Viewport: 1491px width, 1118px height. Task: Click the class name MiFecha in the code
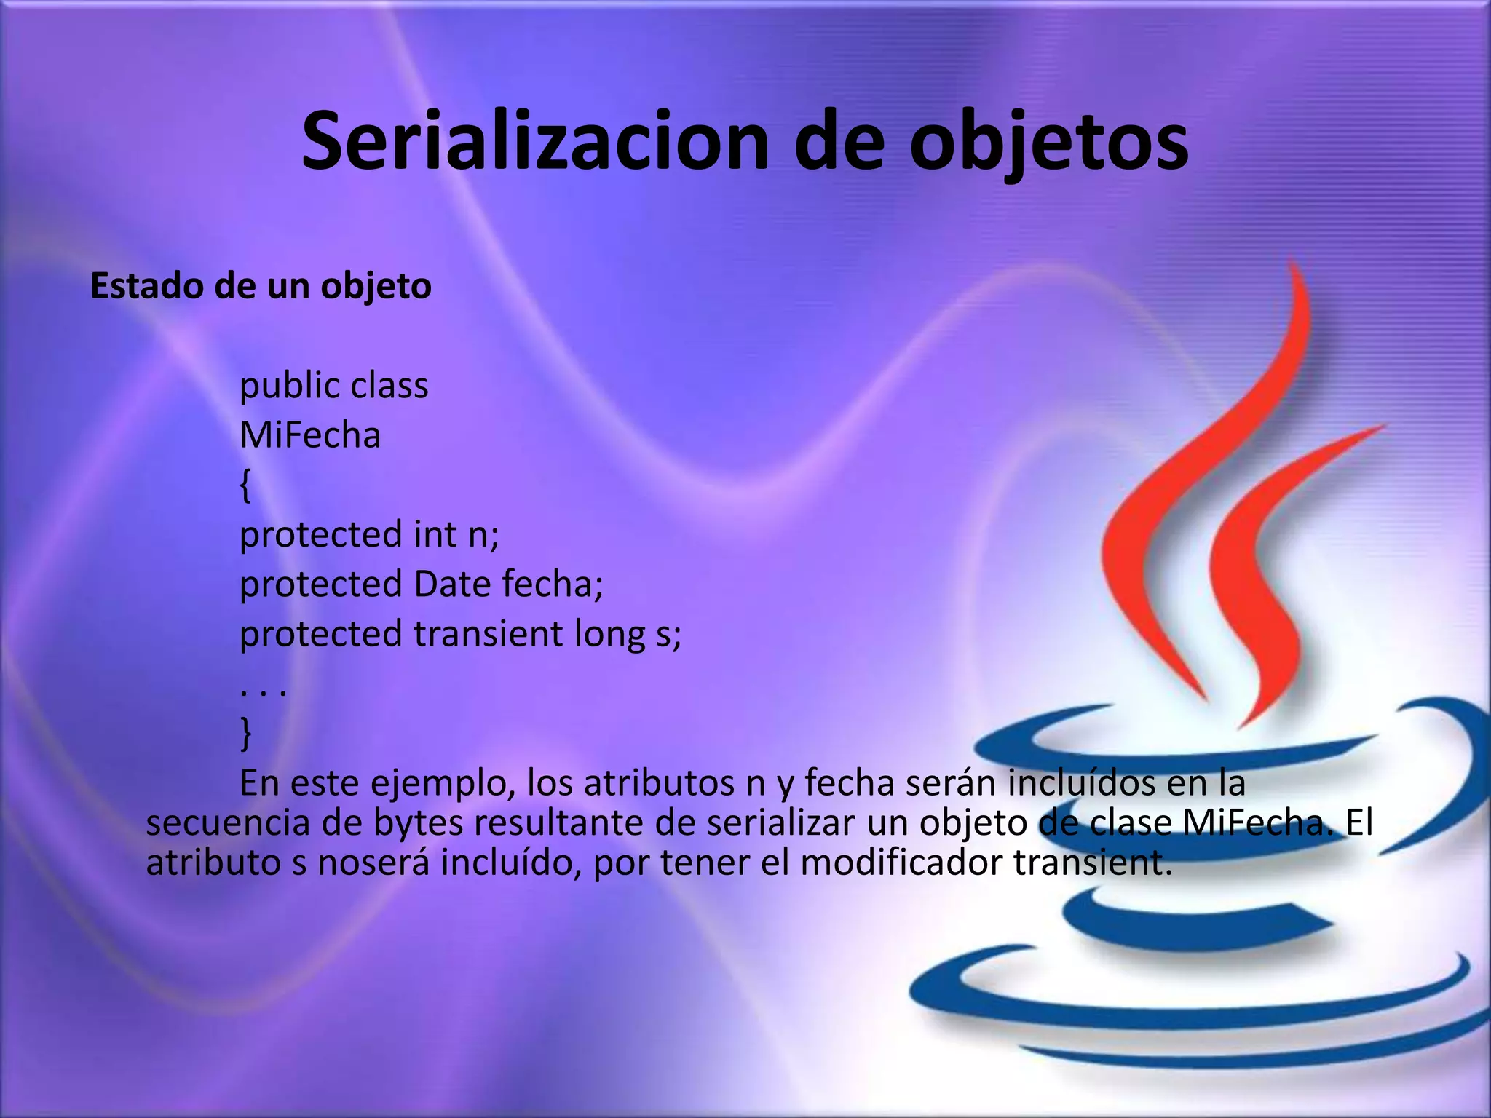point(310,436)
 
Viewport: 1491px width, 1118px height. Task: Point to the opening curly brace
point(245,485)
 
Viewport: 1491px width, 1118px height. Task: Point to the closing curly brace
point(245,733)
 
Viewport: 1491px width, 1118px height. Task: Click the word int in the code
point(435,535)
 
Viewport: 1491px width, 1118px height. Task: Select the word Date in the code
point(451,584)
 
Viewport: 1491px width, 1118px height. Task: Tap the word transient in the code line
point(488,634)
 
